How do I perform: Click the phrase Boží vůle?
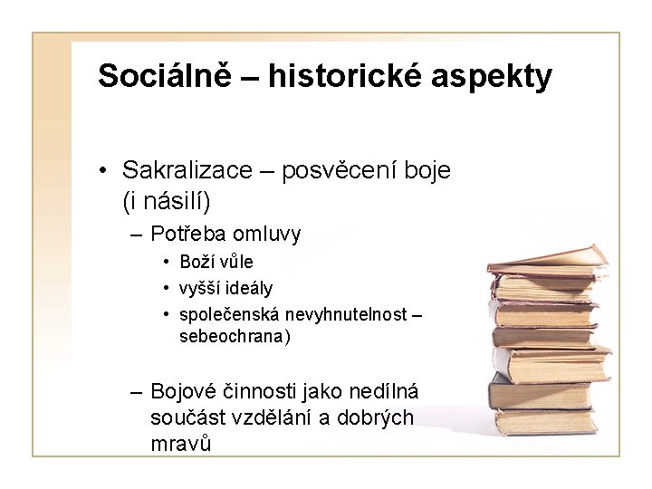coord(216,263)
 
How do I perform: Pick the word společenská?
coord(230,314)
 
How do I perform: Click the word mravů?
coord(182,444)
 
